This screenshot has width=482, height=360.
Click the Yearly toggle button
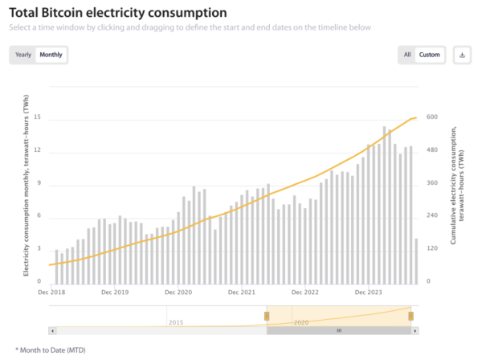click(x=23, y=55)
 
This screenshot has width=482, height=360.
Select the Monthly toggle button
click(x=51, y=55)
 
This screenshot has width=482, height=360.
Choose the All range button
click(x=407, y=55)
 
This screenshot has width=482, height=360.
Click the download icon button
click(x=462, y=55)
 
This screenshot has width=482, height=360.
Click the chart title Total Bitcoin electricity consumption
click(x=117, y=14)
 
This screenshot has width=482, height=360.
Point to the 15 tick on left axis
click(x=37, y=119)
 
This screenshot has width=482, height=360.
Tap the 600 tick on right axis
click(x=431, y=117)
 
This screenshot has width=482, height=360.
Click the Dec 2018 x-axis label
click(x=51, y=292)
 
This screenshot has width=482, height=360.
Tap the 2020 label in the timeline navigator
click(x=301, y=321)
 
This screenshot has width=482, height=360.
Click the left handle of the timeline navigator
click(x=268, y=315)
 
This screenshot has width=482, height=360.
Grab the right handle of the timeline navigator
click(x=411, y=315)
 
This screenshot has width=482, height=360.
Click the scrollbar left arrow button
click(x=52, y=330)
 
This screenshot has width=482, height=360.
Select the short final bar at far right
click(x=415, y=261)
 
